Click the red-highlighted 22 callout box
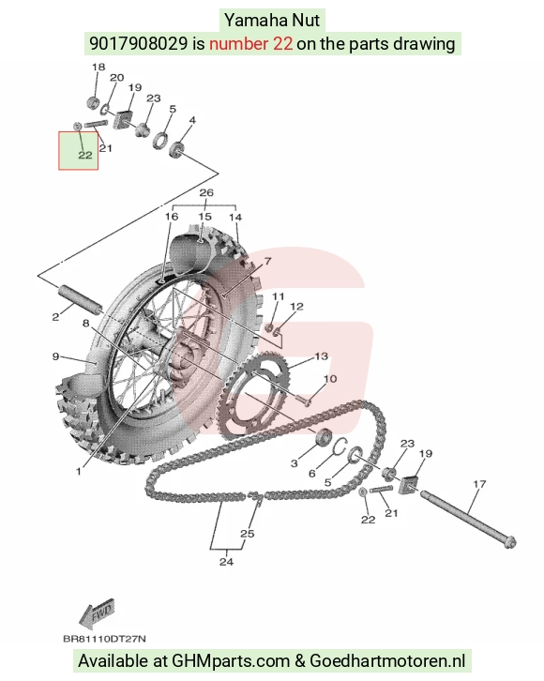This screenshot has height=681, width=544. (x=79, y=151)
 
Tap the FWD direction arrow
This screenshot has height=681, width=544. (x=98, y=613)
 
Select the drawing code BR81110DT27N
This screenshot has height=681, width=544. (x=104, y=639)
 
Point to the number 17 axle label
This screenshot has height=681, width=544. (x=479, y=484)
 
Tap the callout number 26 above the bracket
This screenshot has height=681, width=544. (x=206, y=192)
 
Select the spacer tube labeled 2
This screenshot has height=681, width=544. (x=81, y=298)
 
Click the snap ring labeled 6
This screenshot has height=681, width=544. (x=340, y=446)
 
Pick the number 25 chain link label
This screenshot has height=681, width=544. (x=247, y=534)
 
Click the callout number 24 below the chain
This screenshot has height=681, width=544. (x=226, y=562)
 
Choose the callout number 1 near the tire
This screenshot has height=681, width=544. (x=79, y=471)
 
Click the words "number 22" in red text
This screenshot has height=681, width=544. (x=251, y=43)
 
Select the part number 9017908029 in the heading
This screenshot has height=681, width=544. (x=139, y=43)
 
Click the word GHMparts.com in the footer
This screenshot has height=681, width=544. (x=231, y=661)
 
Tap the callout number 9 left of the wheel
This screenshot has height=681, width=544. (x=55, y=356)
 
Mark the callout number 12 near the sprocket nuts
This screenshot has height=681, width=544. (x=296, y=307)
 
